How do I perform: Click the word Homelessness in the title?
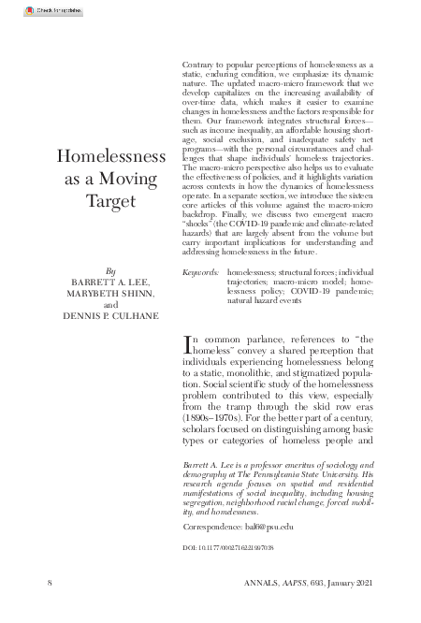[112, 156]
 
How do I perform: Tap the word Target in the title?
[112, 200]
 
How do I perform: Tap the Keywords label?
[201, 271]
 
